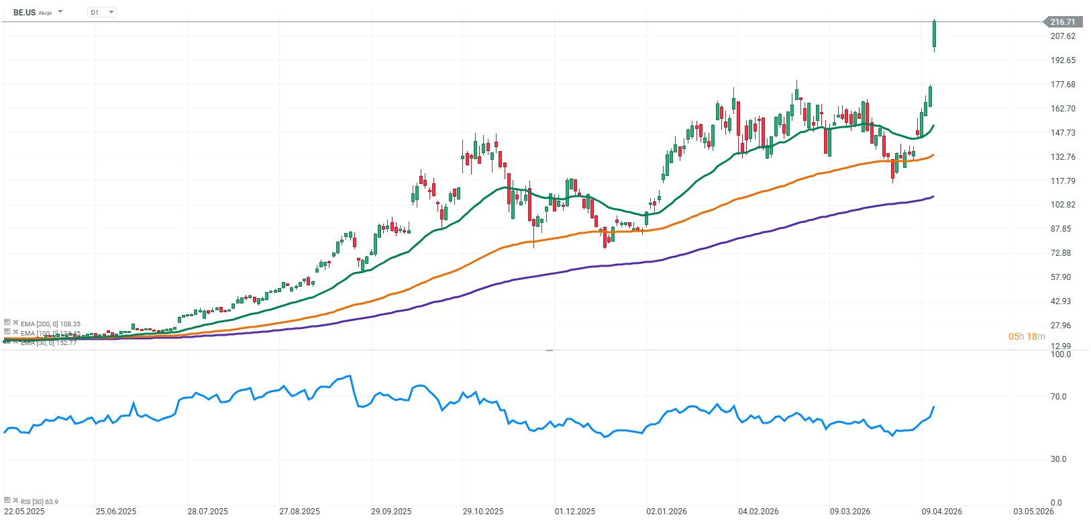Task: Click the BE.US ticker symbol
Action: coord(24,12)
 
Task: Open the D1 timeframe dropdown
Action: coord(102,12)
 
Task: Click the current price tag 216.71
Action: coord(1062,22)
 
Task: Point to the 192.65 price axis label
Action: coord(1063,60)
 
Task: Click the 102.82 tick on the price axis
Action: coord(1063,205)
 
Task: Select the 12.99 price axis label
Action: coord(1061,346)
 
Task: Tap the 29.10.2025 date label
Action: coord(482,512)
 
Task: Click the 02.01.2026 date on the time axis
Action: coord(666,512)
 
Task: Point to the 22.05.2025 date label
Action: coord(24,512)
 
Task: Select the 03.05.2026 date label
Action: coord(1033,512)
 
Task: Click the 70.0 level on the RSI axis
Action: coord(1058,397)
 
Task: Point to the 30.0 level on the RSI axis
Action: coord(1058,459)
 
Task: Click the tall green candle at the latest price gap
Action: coord(934,34)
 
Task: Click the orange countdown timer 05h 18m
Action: coord(1027,336)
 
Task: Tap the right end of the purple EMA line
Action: coord(933,197)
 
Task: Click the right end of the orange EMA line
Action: coord(933,155)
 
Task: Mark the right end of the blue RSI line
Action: coord(933,407)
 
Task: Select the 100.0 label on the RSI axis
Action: coord(1061,354)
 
